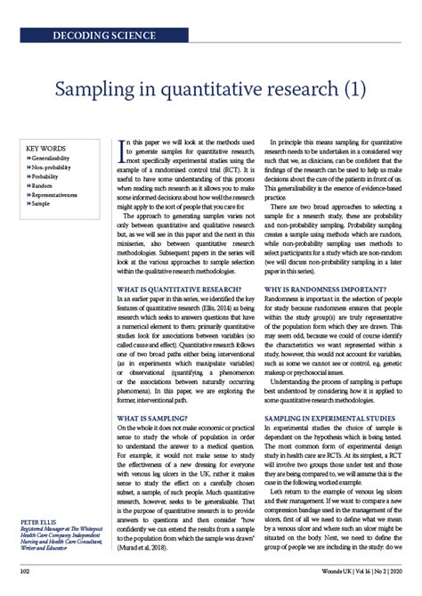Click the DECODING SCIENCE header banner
[x=105, y=36]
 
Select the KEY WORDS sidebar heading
[x=47, y=148]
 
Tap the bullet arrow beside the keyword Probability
[x=28, y=176]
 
